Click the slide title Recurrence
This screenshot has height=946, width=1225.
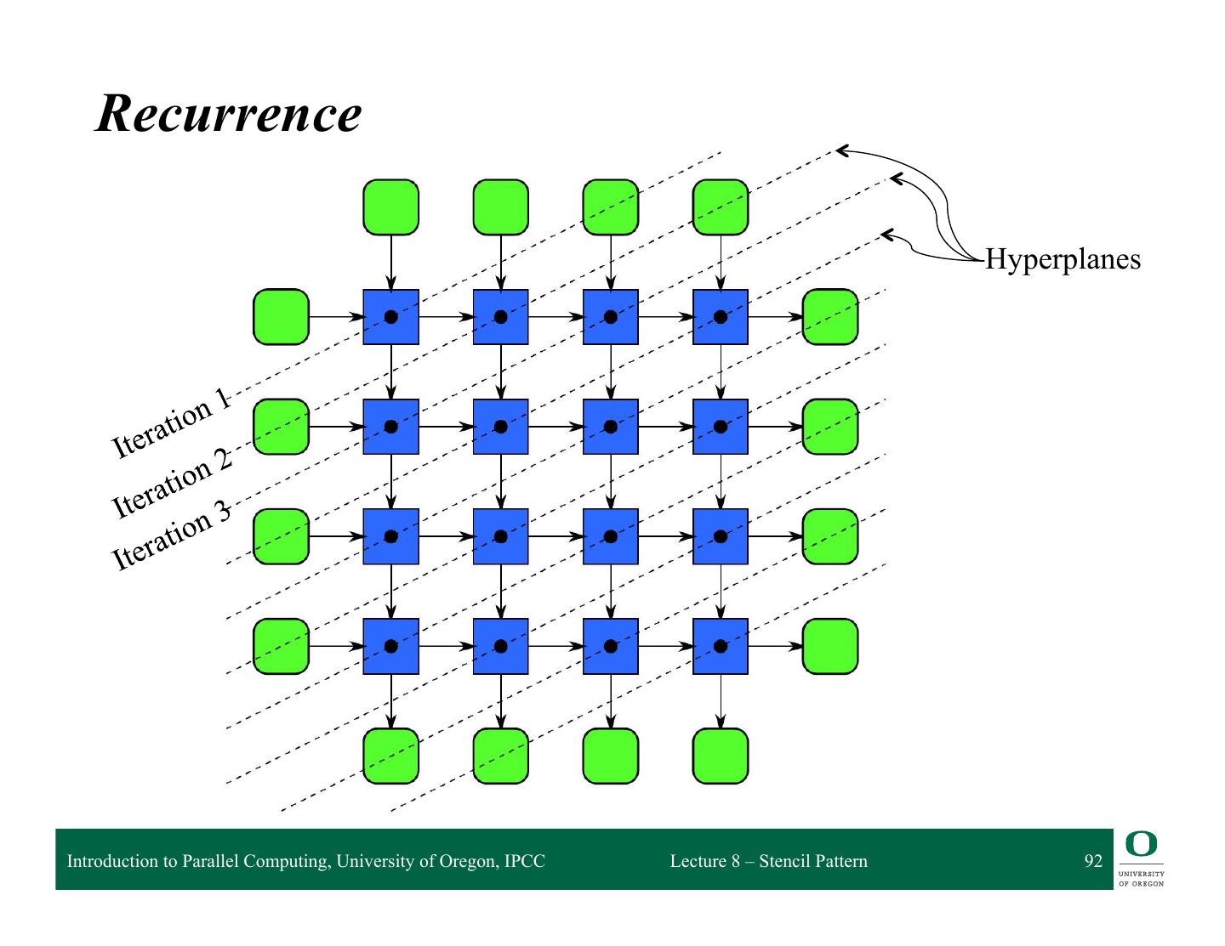[x=228, y=113]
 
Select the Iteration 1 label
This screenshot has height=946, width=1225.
[x=171, y=422]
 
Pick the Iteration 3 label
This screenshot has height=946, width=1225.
[x=171, y=535]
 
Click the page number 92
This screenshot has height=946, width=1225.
[x=1093, y=861]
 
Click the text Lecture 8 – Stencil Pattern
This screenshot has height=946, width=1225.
[x=768, y=861]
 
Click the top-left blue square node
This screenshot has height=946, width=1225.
[x=390, y=317]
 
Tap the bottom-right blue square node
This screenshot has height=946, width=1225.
[x=721, y=647]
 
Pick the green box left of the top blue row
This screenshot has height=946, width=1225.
[x=281, y=317]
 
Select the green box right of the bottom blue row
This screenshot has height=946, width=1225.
[x=830, y=647]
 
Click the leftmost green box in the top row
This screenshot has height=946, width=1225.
[x=390, y=207]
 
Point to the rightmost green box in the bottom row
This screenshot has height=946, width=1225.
[x=721, y=756]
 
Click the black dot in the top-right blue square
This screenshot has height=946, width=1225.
[x=721, y=317]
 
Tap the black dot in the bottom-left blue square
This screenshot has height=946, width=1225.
[x=390, y=647]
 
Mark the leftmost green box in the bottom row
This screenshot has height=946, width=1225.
[x=390, y=756]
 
